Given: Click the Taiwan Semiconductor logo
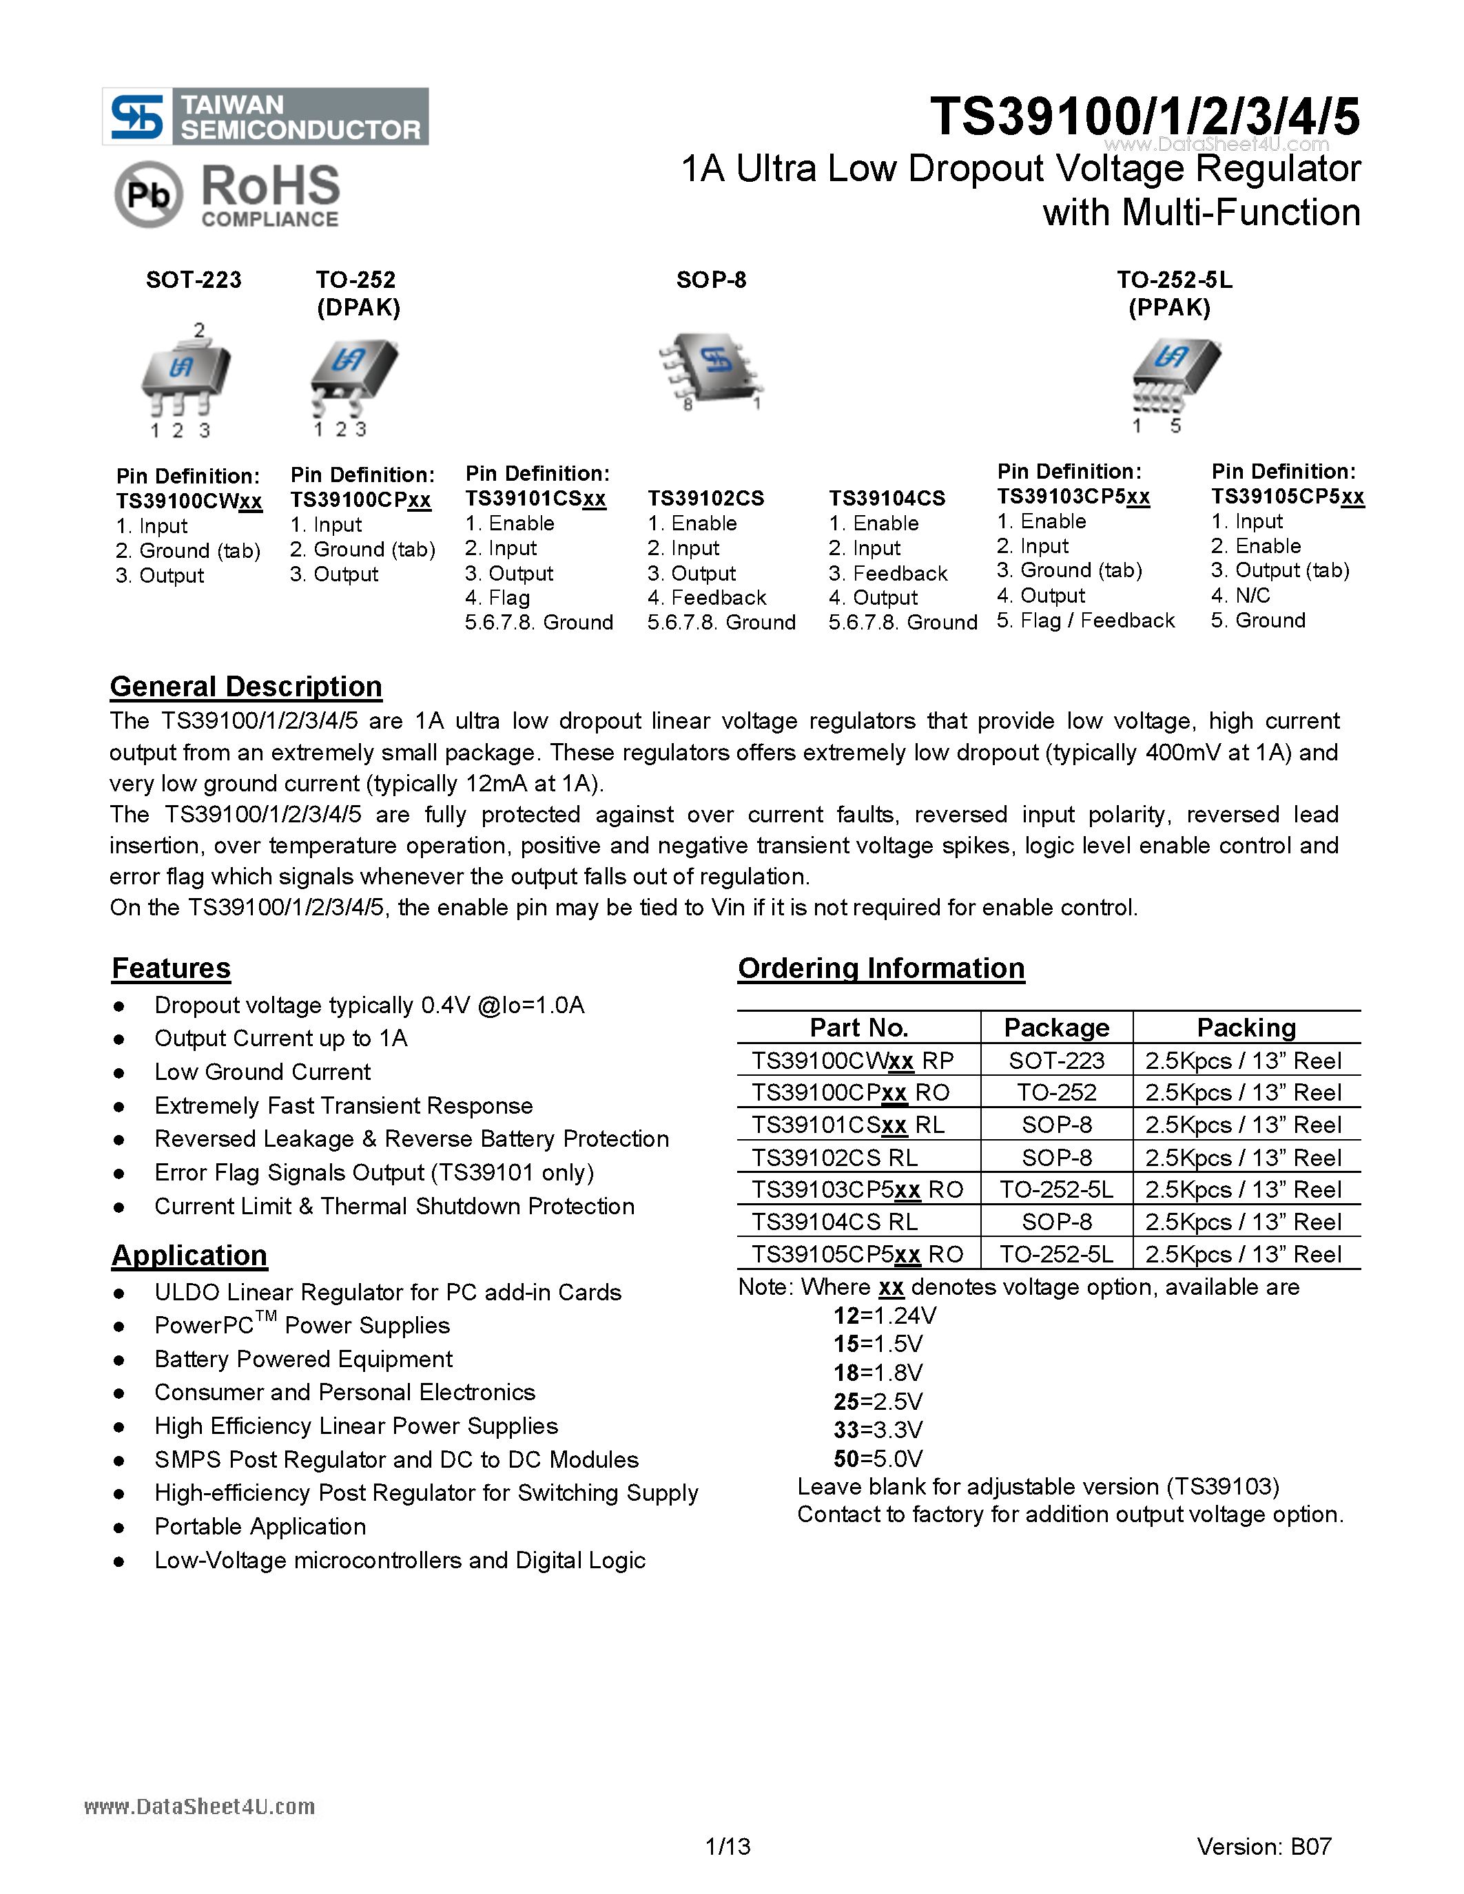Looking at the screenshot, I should (x=265, y=116).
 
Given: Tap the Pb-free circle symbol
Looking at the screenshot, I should (x=148, y=195).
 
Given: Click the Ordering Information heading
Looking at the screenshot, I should (x=880, y=968).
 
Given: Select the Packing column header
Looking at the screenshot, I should (x=1246, y=1028).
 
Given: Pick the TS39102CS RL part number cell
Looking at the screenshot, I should (x=834, y=1158).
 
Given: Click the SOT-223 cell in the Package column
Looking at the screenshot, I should (x=1055, y=1061).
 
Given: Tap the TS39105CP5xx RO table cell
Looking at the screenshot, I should (x=857, y=1254).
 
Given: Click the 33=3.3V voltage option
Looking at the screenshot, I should (x=878, y=1429).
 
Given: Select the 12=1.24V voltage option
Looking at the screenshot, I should (x=884, y=1315).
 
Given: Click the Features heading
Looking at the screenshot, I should (x=171, y=968).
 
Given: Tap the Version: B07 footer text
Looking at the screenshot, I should (x=1263, y=1846).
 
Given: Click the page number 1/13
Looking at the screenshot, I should (x=728, y=1846).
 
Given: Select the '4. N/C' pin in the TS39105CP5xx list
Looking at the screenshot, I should (x=1240, y=596).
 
